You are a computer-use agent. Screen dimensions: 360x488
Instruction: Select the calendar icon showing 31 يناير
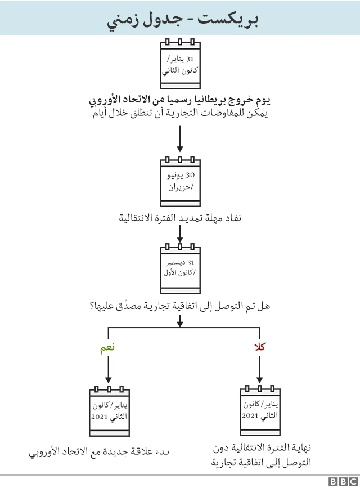[180, 64]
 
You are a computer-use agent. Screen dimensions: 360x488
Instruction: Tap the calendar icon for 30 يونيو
[180, 181]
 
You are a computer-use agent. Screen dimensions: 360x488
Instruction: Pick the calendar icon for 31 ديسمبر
[180, 268]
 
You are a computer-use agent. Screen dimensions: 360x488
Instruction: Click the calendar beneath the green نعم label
[109, 411]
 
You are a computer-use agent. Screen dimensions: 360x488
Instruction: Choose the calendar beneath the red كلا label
[260, 410]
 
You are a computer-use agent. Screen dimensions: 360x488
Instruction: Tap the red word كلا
[260, 346]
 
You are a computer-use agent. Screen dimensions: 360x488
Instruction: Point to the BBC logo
[344, 481]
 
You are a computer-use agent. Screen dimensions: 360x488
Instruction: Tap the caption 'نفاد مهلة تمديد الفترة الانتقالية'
[180, 218]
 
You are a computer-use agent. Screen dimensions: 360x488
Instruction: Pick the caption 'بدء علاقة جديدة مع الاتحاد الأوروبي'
[99, 452]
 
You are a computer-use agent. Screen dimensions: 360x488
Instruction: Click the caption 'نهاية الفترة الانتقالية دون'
[262, 448]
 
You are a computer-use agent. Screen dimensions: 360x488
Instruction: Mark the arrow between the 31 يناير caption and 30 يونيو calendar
[180, 139]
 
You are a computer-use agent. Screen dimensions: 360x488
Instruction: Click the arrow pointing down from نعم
[108, 370]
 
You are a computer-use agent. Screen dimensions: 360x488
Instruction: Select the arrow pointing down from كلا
[260, 370]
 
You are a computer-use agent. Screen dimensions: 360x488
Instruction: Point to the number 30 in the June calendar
[190, 175]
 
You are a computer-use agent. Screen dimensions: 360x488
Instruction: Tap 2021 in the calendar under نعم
[99, 417]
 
